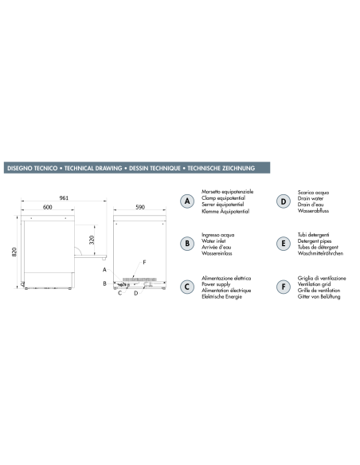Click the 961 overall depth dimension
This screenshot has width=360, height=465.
61,198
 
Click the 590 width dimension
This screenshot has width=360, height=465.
139,209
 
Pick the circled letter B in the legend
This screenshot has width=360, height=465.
187,244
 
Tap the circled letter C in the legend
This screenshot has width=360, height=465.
187,286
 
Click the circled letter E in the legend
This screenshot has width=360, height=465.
283,244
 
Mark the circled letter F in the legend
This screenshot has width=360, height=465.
283,286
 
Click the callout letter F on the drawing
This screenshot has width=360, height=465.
144,262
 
